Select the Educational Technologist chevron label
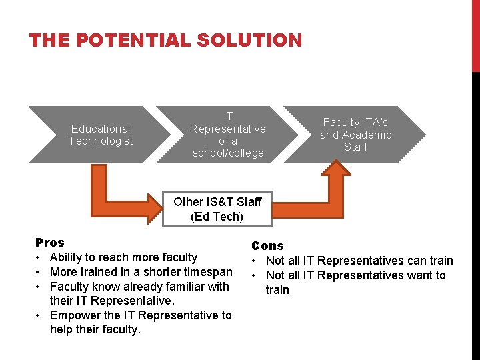coord(101,135)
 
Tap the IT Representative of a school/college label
coord(228,135)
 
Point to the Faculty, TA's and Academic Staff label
coord(355,135)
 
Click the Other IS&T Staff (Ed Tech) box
coord(217,209)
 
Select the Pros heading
coord(50,243)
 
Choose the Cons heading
coord(267,246)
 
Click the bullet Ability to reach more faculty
coord(123,257)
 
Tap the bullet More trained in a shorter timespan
coord(141,272)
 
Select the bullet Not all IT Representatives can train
coord(359,261)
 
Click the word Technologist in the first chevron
coord(101,141)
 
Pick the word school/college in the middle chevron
coord(228,153)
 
